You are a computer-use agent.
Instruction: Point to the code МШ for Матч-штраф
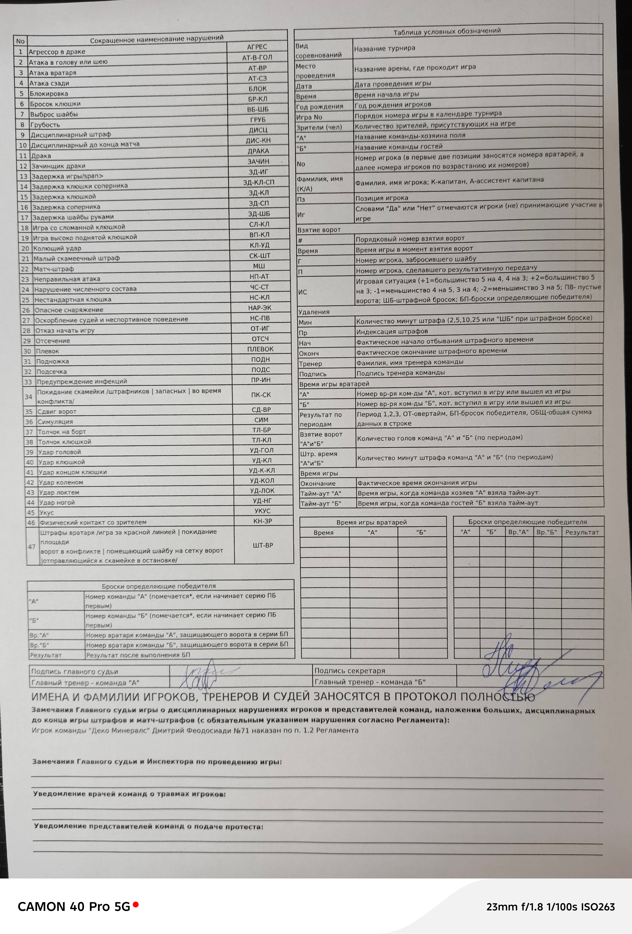259,266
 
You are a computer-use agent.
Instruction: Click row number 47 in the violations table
32,547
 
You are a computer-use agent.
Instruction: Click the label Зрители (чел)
319,127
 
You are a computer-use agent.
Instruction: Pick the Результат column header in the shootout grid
582,532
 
